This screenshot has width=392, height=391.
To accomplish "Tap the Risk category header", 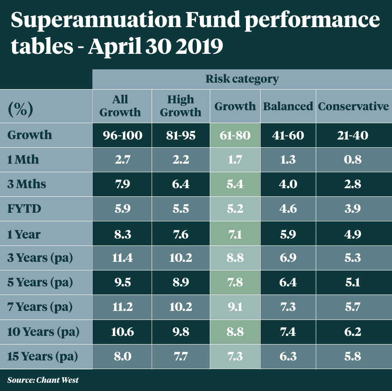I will click(242, 79).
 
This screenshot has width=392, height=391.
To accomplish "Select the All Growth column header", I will click(121, 106).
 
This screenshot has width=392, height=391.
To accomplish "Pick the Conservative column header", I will click(353, 106).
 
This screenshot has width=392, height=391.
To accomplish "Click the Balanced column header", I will click(288, 106).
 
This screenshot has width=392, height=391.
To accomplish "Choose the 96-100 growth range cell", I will click(122, 135).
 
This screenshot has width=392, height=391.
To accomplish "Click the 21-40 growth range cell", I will click(353, 135).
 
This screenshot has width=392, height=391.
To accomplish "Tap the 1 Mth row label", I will click(23, 160).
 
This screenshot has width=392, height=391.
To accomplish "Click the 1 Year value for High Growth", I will click(180, 234).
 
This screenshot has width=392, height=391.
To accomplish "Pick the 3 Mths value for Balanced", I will click(288, 185).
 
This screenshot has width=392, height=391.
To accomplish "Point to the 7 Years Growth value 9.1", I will click(235, 307).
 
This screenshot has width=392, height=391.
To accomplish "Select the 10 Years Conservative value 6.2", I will click(353, 332).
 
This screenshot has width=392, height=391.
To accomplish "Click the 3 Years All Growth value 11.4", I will click(122, 258).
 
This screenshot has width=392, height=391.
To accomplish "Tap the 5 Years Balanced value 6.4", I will click(288, 283).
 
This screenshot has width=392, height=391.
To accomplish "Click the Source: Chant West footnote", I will click(43, 380).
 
